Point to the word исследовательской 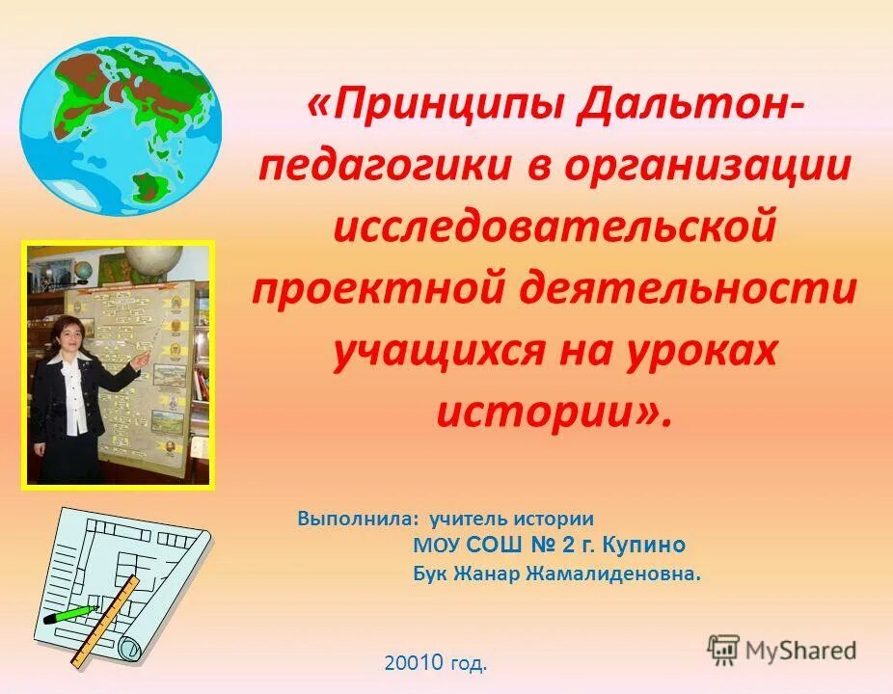[554, 228]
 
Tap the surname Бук [429, 574]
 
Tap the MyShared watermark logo [782, 650]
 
